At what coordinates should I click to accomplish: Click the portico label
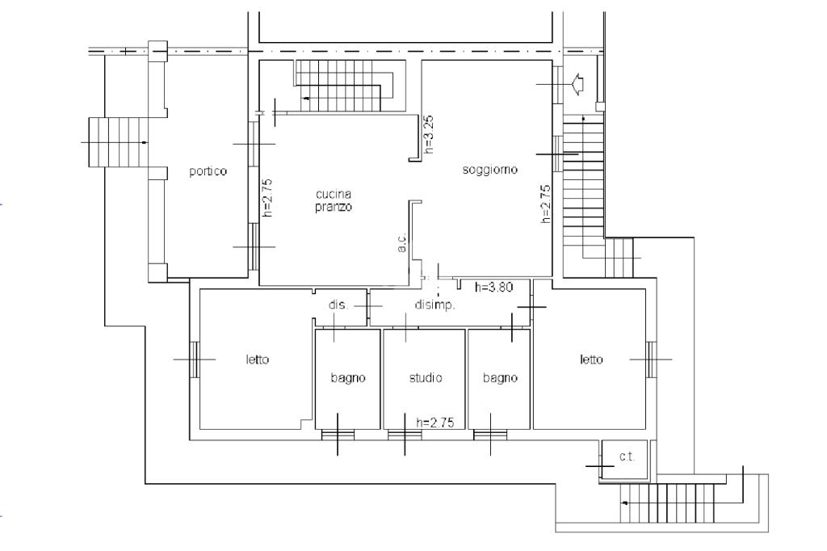point(208,171)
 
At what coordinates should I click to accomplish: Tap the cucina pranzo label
point(334,200)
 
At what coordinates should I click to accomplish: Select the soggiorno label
point(489,170)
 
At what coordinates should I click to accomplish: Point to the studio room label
point(426,377)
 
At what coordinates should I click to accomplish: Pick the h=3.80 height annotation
point(493,287)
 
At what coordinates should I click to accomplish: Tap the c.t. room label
point(627,456)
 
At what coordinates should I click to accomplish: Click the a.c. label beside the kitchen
point(402,242)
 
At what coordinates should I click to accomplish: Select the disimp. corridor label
point(434,305)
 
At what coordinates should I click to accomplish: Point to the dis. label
point(338,305)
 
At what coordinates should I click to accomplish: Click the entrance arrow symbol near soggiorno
point(577,85)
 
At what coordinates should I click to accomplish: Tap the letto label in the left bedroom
point(258,360)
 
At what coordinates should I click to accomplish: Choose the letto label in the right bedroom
point(591,360)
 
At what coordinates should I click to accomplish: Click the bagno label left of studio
point(348,378)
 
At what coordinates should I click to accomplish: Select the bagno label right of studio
point(500,378)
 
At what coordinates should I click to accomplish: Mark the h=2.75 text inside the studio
point(435,423)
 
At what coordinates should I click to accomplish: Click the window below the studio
point(405,435)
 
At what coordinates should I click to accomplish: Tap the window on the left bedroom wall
point(194,360)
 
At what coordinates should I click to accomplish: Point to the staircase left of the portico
point(118,142)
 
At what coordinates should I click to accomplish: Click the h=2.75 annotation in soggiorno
point(546,204)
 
